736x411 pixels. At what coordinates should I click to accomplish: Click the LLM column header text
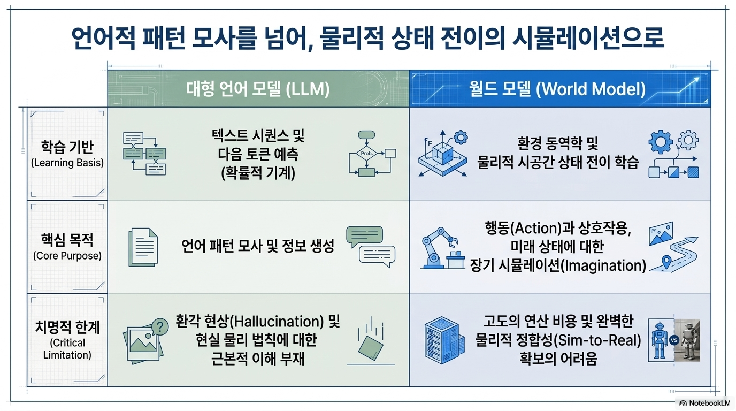click(x=258, y=89)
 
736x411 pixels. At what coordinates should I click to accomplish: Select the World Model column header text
click(x=557, y=89)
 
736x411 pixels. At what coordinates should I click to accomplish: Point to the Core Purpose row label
click(x=67, y=247)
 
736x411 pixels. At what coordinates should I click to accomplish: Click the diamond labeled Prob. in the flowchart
click(x=366, y=154)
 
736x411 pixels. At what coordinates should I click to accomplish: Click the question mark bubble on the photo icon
click(x=160, y=327)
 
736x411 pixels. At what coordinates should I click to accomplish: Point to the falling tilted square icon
click(x=371, y=348)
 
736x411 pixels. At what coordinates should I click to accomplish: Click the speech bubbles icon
click(x=371, y=246)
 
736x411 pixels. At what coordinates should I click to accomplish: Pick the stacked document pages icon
click(x=143, y=247)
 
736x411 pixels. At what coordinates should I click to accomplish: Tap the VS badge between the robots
click(x=674, y=340)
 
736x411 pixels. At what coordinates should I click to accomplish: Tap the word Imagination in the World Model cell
click(x=603, y=265)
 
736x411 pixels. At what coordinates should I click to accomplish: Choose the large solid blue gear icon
click(x=661, y=142)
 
